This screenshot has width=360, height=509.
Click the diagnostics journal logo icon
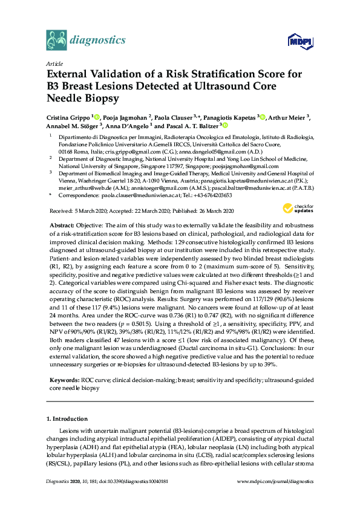click(57, 41)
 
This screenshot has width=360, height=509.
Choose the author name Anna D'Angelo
click(127, 126)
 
